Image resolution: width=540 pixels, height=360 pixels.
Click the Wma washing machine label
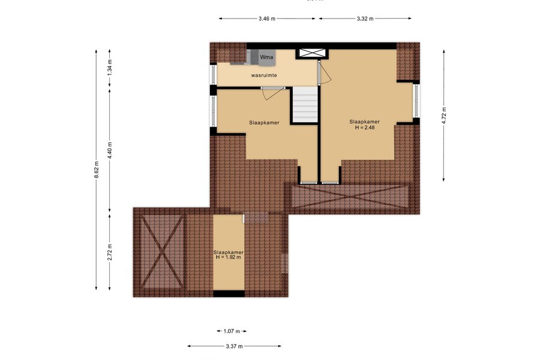pos(266,57)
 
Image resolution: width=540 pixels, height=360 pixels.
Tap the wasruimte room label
pos(264,75)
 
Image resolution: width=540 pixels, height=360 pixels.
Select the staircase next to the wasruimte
pos(305,105)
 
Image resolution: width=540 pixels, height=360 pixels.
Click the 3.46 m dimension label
pos(267,19)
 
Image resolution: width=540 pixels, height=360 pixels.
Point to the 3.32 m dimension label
pos(365,19)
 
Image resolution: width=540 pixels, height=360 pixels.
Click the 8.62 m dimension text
pos(97,170)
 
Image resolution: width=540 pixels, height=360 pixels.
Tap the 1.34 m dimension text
pos(110,68)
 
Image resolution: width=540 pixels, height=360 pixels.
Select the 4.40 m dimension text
pos(110,150)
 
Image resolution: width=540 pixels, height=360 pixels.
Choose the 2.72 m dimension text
pos(110,252)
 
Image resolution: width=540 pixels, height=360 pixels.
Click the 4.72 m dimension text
pos(444,115)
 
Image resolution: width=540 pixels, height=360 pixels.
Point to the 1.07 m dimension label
pos(232,331)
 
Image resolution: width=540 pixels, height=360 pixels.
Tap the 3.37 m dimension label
pos(234,346)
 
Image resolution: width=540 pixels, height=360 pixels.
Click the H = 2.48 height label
pos(365,127)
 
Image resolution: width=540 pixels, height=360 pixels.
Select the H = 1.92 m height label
pos(229,257)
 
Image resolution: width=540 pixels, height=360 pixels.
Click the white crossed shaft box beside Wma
pos(312,53)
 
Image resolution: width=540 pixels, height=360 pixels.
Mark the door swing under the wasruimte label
pos(274,93)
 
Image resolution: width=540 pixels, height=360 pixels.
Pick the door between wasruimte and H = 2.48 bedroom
pos(324,71)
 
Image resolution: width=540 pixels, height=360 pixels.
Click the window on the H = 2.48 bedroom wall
pos(417,101)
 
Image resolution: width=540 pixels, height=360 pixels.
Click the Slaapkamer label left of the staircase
pos(264,122)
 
